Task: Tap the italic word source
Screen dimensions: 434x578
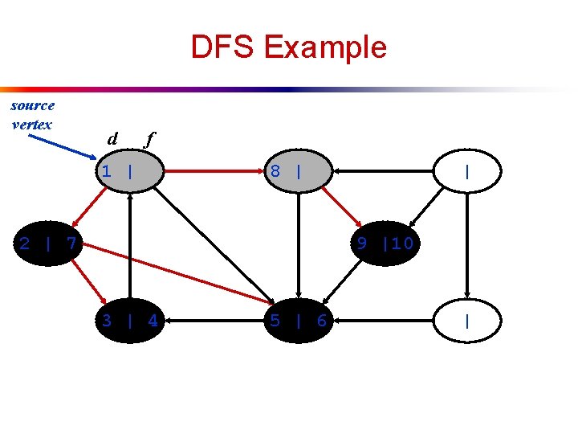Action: coord(33,105)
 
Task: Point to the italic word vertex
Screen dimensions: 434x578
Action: coord(32,125)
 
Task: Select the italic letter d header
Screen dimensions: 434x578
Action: coord(113,138)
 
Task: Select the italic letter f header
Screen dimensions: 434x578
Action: coord(148,139)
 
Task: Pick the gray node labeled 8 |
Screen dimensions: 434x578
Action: coord(299,170)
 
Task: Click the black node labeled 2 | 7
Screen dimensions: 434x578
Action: coord(49,242)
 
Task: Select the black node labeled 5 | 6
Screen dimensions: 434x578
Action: coord(299,321)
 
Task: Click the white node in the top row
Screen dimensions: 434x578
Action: coord(466,170)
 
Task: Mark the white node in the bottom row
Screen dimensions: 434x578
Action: coord(466,321)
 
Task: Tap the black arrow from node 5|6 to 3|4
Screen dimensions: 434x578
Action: coord(214,321)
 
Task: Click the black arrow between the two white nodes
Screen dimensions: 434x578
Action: coord(466,245)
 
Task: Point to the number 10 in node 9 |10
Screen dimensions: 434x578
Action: coord(401,242)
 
